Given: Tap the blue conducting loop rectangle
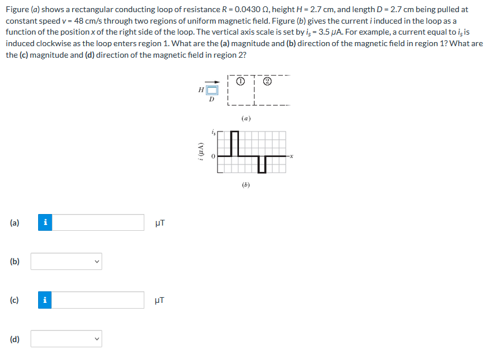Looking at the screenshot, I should click(x=212, y=90).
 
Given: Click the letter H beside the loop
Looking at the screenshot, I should click(x=200, y=90).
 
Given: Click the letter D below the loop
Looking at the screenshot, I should click(x=212, y=99).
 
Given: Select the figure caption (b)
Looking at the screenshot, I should click(x=246, y=185).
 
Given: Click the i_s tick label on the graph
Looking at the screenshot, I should click(x=212, y=133).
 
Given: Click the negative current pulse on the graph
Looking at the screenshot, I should click(x=262, y=164).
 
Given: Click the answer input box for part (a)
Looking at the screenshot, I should click(x=98, y=222).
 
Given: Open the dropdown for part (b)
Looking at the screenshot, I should click(x=66, y=261).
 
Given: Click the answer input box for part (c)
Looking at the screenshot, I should click(x=98, y=300).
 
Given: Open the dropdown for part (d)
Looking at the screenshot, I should click(x=66, y=339).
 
